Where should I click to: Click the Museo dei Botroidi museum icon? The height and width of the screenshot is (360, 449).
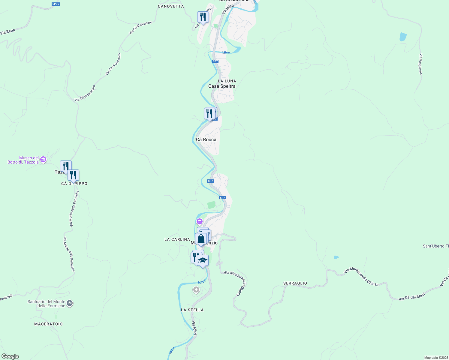(43, 160)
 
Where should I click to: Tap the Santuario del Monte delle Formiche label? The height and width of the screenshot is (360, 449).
(47, 304)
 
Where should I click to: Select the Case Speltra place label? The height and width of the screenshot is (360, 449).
(222, 86)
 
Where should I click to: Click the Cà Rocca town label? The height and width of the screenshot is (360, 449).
(206, 139)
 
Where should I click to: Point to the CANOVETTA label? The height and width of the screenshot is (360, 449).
(171, 6)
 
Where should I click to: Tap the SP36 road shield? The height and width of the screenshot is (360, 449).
(56, 4)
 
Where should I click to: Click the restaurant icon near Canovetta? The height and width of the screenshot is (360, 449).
(203, 17)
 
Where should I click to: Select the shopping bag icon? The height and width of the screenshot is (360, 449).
(201, 239)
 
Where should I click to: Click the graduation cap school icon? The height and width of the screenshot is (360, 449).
(203, 261)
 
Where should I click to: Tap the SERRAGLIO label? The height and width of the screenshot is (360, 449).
(295, 283)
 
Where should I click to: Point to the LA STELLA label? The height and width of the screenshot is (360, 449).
(192, 310)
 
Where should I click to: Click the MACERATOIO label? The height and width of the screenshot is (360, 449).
(48, 324)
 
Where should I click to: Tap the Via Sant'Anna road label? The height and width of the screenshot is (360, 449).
(420, 64)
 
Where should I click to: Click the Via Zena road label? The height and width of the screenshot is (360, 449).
(8, 31)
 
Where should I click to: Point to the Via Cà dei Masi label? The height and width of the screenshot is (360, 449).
(412, 297)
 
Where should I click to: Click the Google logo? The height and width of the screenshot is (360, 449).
(10, 356)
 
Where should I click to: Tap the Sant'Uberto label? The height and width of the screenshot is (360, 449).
(435, 246)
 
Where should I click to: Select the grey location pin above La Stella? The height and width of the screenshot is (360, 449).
(196, 290)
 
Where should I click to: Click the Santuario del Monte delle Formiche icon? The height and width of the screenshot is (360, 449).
(70, 304)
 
